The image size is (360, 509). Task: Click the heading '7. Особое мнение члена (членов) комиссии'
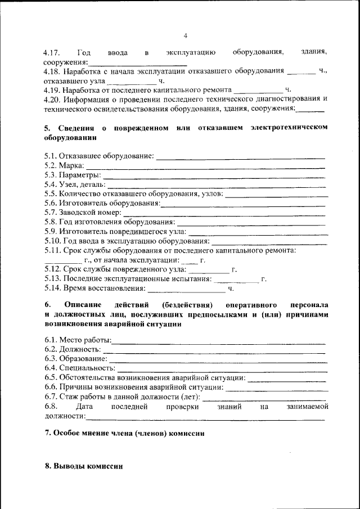(x=124, y=434)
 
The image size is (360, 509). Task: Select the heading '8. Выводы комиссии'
(x=83, y=467)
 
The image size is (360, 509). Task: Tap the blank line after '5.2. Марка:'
(x=205, y=167)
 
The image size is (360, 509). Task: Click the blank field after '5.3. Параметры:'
(x=215, y=177)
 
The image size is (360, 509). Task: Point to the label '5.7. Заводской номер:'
(x=83, y=213)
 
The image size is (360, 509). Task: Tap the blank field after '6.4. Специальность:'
(x=221, y=370)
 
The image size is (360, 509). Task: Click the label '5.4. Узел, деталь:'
(x=74, y=184)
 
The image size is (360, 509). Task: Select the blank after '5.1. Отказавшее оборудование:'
(x=241, y=157)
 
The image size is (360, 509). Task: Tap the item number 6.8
(x=51, y=406)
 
